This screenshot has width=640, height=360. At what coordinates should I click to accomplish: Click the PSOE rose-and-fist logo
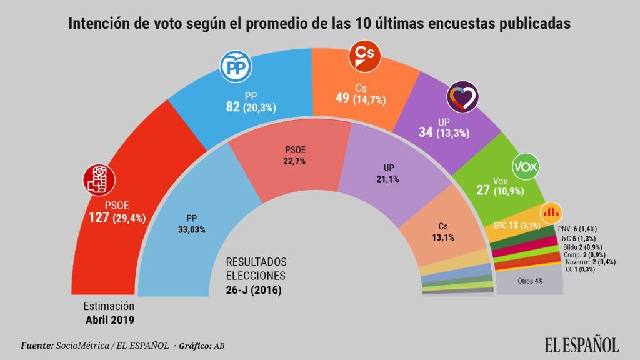(99, 180)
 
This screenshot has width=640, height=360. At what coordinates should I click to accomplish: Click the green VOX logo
(526, 167)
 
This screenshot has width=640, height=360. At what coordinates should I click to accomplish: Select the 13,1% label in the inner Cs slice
(442, 237)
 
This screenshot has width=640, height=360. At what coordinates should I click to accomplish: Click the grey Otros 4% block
(529, 281)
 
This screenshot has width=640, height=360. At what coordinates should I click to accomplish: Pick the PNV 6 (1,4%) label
(584, 229)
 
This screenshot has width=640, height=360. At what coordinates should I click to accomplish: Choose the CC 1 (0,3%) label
(580, 269)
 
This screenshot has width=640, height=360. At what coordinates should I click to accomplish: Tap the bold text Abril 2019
(110, 319)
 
